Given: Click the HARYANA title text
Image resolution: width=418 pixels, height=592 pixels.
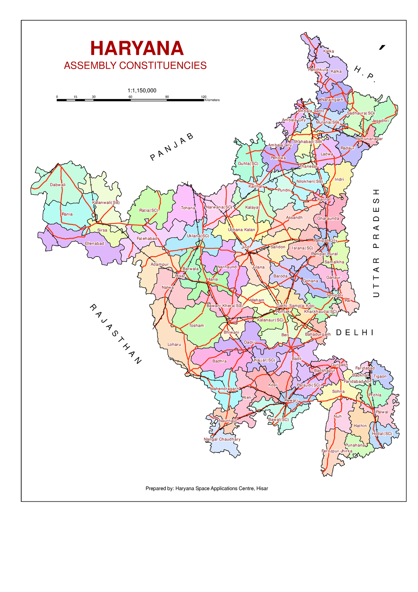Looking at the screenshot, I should pyautogui.click(x=137, y=48).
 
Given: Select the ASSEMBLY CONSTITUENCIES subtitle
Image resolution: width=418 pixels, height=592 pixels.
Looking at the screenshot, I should pyautogui.click(x=135, y=66).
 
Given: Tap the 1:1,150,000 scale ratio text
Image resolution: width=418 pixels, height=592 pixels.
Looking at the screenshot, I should pyautogui.click(x=142, y=91).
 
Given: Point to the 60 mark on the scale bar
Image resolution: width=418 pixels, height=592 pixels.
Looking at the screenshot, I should pyautogui.click(x=130, y=97).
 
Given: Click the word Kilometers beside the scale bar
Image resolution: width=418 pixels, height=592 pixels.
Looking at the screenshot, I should pyautogui.click(x=212, y=100).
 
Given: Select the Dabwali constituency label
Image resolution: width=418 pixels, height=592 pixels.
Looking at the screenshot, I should pyautogui.click(x=57, y=185).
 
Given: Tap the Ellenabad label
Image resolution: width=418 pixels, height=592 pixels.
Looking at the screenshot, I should pyautogui.click(x=94, y=243).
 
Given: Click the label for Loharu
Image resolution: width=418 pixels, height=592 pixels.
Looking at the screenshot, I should pyautogui.click(x=174, y=344).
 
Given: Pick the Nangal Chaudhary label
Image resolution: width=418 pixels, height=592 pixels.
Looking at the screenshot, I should pyautogui.click(x=222, y=439).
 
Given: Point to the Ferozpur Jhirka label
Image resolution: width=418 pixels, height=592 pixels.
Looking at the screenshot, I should pyautogui.click(x=337, y=451).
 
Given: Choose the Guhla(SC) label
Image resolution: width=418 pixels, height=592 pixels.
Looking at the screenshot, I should pyautogui.click(x=248, y=164).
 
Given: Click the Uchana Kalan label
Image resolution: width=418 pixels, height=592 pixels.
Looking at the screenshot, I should pyautogui.click(x=241, y=230).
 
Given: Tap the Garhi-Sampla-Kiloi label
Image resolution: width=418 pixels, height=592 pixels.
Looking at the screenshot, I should pyautogui.click(x=295, y=306).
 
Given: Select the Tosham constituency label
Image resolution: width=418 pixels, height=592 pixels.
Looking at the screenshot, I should pyautogui.click(x=196, y=325).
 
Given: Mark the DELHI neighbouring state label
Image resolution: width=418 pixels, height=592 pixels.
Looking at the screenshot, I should pyautogui.click(x=355, y=333).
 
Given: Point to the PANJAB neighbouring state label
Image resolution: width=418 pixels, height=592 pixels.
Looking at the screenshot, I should pyautogui.click(x=172, y=147).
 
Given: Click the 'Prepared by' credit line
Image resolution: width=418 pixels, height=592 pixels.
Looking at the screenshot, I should pyautogui.click(x=207, y=488).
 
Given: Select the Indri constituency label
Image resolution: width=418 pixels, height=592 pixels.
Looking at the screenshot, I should pyautogui.click(x=339, y=180).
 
